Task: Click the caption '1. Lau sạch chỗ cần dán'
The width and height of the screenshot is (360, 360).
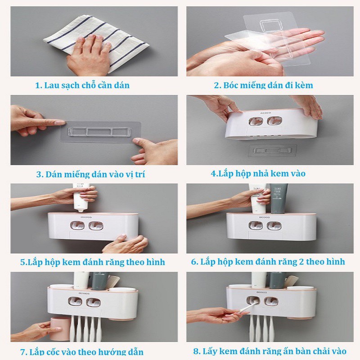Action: [82, 85]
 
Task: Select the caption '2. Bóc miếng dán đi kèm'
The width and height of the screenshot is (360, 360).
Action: [263, 85]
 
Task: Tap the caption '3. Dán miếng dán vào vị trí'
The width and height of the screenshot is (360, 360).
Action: [90, 175]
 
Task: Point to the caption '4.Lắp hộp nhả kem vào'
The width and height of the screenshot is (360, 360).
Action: [258, 174]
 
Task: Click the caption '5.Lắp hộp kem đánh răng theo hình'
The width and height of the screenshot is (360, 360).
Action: [93, 262]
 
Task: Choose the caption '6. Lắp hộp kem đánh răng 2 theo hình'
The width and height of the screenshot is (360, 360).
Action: [268, 262]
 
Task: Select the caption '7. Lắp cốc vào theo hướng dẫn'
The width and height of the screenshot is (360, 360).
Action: [82, 352]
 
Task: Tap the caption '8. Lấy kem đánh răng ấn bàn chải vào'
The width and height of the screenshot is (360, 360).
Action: [270, 351]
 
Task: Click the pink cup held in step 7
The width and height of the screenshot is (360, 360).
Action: [60, 329]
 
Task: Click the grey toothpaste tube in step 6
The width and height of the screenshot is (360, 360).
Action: [277, 198]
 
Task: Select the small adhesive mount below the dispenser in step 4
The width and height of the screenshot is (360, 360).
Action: [273, 151]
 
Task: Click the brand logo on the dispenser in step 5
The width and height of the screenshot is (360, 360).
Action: [86, 217]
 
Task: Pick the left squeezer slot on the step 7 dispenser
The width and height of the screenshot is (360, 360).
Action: [75, 301]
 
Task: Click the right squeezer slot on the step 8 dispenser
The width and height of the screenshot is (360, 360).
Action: [271, 301]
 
